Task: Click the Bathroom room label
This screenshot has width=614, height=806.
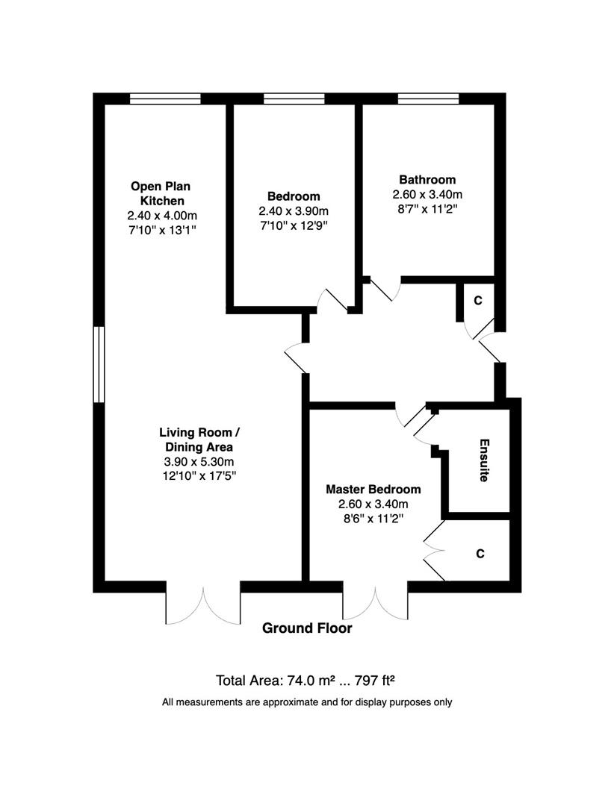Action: click(427, 179)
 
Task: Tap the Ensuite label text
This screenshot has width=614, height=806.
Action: click(484, 460)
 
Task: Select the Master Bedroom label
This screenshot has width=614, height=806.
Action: click(373, 490)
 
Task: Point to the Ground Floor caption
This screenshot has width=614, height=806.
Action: click(307, 628)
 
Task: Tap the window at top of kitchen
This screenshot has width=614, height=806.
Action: click(164, 99)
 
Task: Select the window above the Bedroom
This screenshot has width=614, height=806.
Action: click(294, 99)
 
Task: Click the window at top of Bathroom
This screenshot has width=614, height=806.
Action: click(428, 99)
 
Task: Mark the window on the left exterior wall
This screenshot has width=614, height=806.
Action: click(99, 364)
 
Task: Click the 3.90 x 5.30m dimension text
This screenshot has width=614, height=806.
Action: click(199, 462)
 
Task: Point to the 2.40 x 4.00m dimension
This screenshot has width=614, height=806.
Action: click(162, 216)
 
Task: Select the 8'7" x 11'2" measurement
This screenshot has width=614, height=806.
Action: click(427, 209)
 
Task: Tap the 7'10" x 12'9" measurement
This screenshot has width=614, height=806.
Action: click(294, 225)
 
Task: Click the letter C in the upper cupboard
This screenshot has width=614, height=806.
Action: click(478, 300)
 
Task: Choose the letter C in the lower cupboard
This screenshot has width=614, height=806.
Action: click(480, 554)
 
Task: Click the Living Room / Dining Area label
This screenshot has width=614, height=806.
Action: click(199, 440)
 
